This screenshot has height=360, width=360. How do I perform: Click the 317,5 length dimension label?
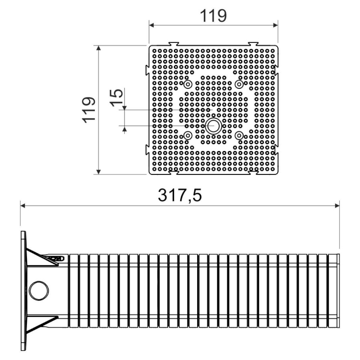pos(180,195)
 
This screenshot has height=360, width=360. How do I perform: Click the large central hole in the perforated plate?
pos(214,126)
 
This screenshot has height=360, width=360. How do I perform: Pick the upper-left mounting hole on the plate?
pos(188,84)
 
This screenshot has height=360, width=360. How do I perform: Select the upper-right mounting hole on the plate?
pos(239,84)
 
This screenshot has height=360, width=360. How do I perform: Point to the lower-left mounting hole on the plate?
pos(188,136)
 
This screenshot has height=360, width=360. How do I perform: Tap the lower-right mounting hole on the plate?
pos(239,136)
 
